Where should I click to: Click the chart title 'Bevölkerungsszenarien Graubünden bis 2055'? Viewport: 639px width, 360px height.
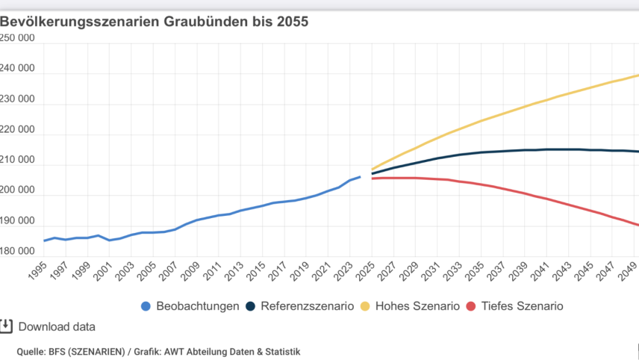(x=155, y=21)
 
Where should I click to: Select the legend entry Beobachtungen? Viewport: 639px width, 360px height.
(x=197, y=305)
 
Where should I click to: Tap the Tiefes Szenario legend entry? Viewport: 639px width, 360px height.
(x=513, y=305)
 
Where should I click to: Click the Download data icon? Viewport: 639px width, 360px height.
(x=7, y=326)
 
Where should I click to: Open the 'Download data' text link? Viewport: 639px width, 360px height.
(x=57, y=326)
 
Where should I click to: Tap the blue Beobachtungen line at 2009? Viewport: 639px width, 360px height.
(x=197, y=220)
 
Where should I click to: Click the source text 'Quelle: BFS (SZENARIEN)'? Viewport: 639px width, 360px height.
(x=67, y=351)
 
